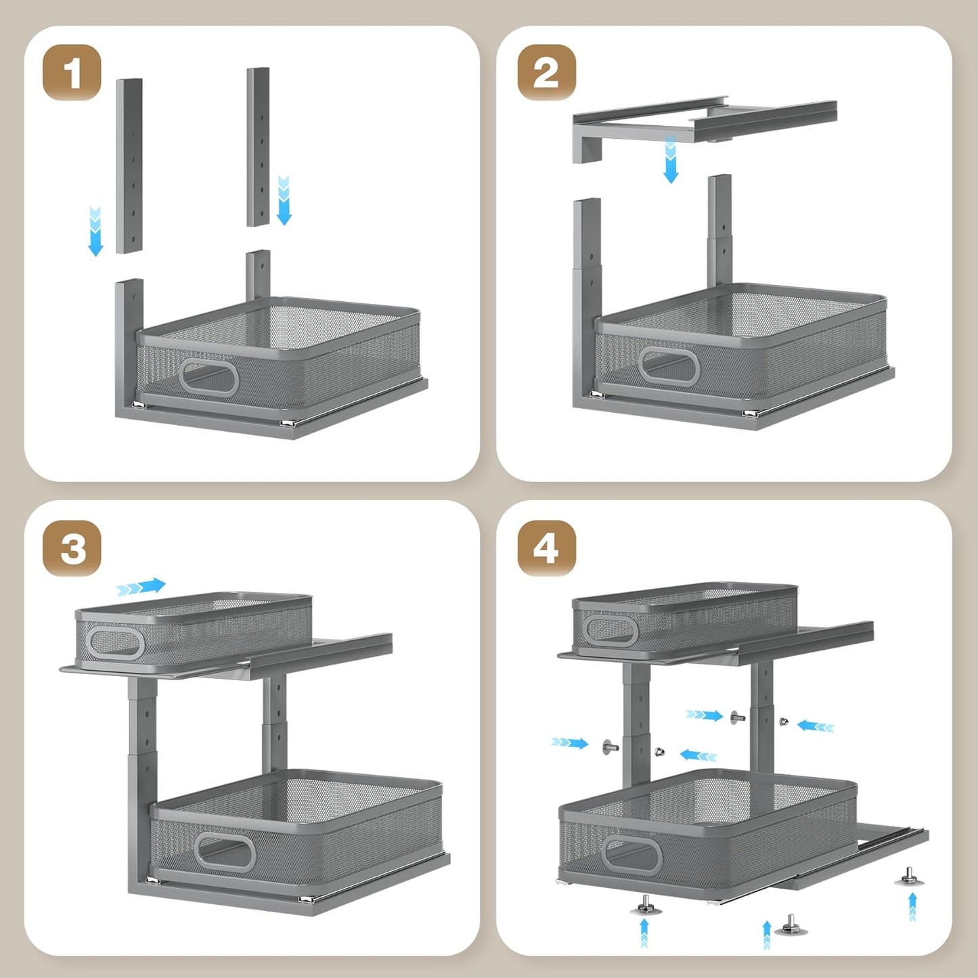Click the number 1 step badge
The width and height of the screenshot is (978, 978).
pos(72,72)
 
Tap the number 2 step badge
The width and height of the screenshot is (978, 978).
pos(546,72)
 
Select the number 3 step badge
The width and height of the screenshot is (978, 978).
pos(72,548)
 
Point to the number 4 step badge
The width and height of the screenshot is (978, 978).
pos(546,548)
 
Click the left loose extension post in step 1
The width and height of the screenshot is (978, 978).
pos(129,166)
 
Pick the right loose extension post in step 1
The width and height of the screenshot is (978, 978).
pos(258,147)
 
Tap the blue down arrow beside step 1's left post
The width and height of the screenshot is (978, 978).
pos(95,231)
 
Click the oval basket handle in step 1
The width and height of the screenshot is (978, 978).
pos(208,378)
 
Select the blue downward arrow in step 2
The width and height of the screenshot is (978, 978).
pos(671,160)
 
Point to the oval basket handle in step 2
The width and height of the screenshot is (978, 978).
pos(669,366)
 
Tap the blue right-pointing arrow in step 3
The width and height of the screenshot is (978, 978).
pos(141,587)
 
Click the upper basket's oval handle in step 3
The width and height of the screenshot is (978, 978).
pos(116,642)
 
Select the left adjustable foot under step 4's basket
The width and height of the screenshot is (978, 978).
pos(645,904)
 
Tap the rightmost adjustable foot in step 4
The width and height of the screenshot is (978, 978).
pos(908,877)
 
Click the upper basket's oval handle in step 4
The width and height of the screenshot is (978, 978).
pos(610,631)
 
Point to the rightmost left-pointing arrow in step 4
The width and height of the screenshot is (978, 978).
pos(816,726)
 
